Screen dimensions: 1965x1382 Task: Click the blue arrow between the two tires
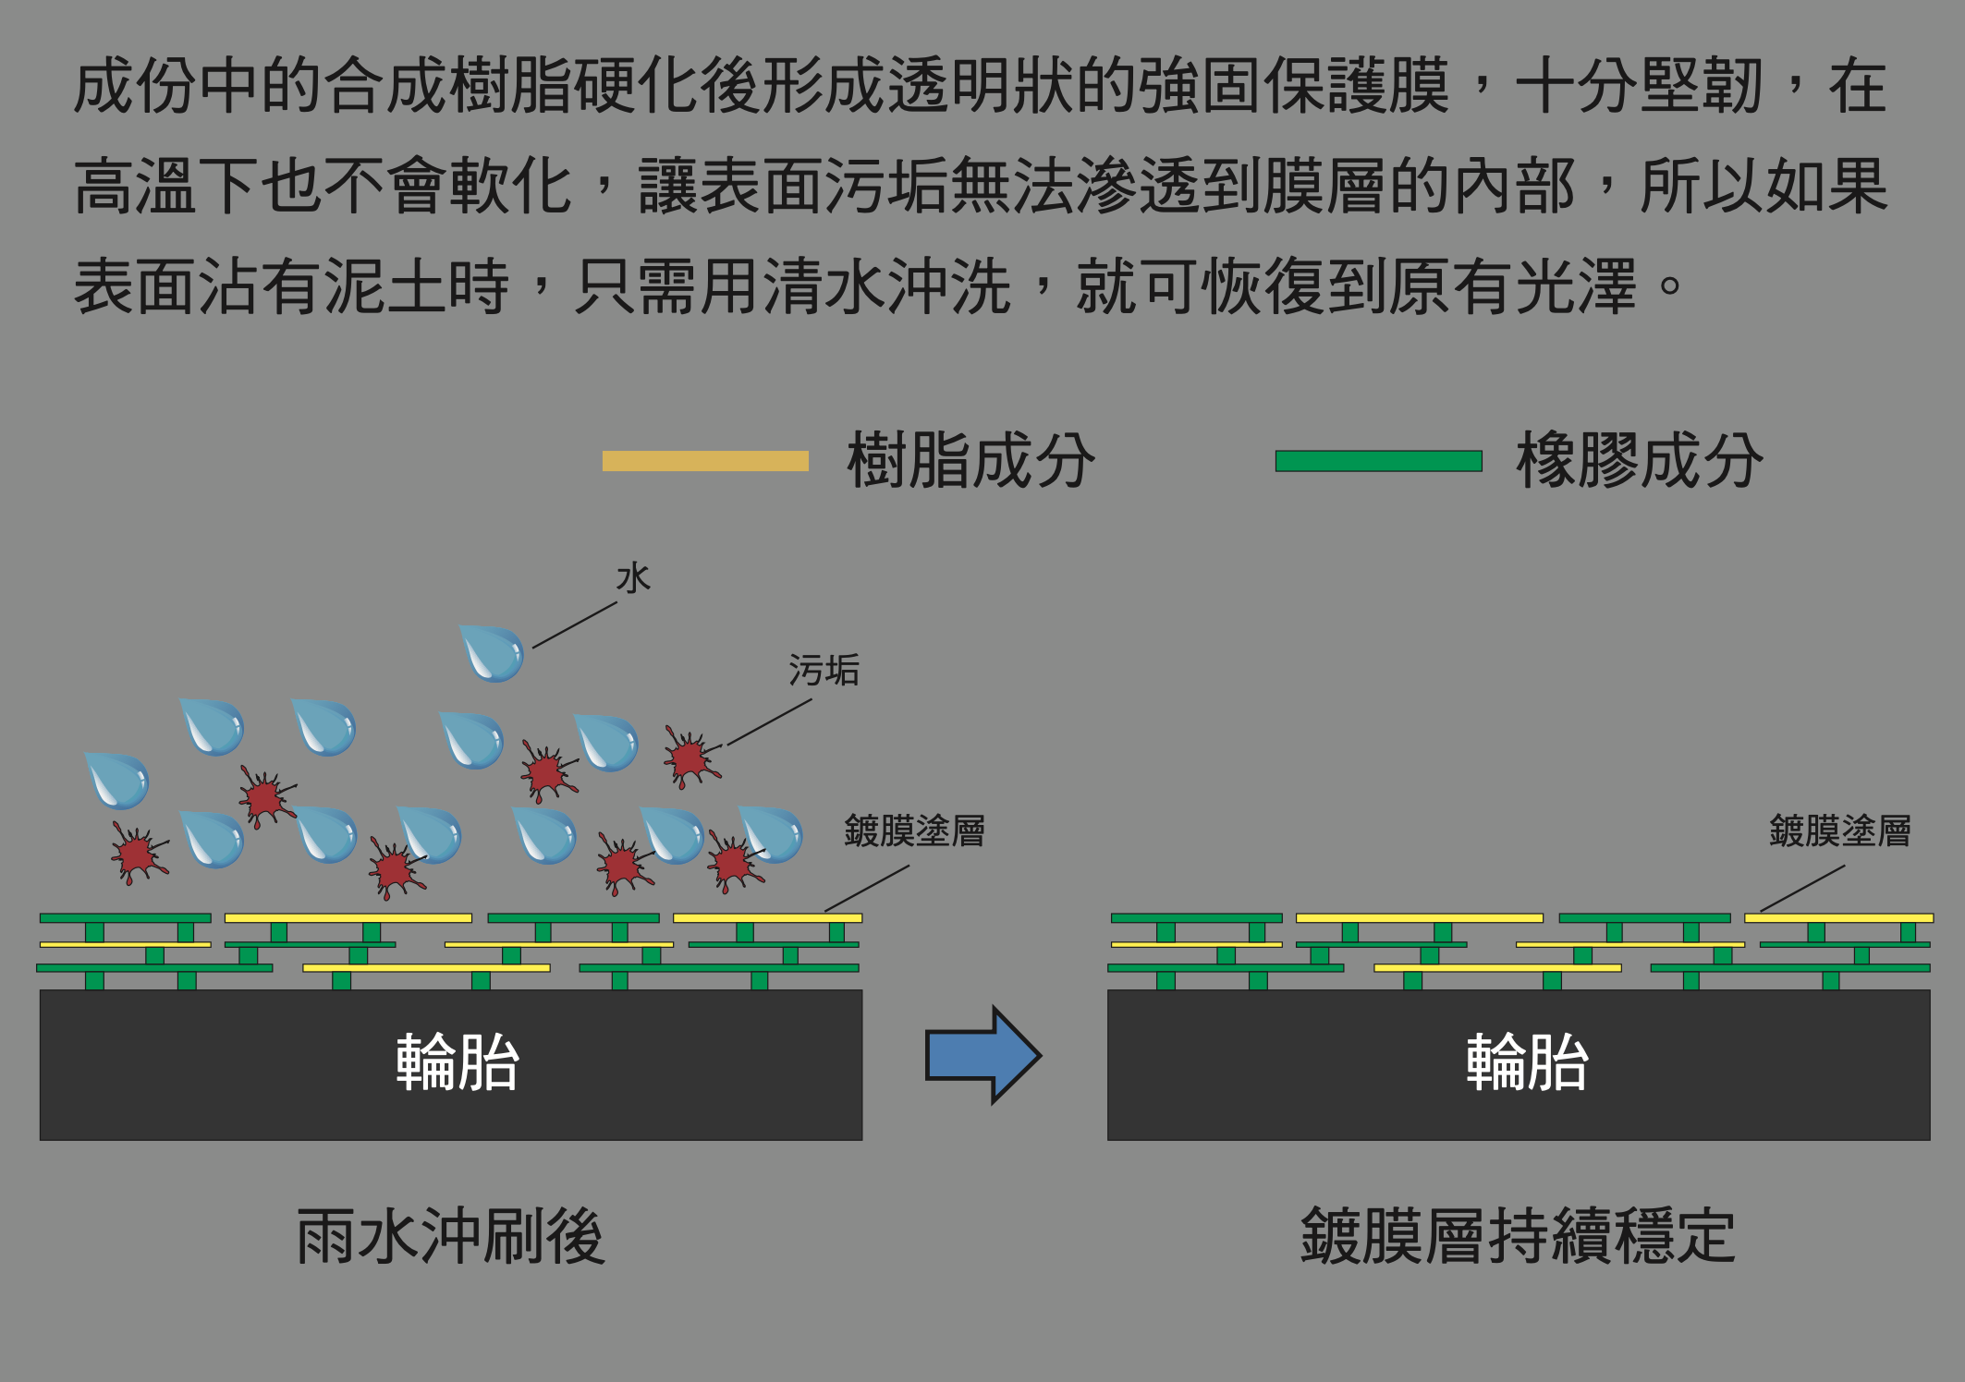point(983,1055)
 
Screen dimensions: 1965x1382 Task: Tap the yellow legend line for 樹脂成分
point(705,461)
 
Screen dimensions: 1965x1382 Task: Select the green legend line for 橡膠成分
point(1378,461)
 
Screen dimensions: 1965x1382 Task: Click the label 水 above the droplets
point(634,578)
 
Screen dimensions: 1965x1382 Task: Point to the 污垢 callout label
point(824,671)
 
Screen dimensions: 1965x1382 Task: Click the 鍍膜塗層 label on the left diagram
point(914,830)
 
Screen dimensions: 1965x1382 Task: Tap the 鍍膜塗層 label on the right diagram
point(1840,830)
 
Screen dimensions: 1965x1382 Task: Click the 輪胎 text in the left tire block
point(458,1062)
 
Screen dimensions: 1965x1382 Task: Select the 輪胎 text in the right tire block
point(1527,1062)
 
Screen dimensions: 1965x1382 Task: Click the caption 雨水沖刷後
point(450,1236)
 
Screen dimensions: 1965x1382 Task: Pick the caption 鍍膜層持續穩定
point(1518,1236)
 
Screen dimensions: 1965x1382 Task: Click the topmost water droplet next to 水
point(493,653)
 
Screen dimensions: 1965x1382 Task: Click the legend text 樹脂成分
point(970,461)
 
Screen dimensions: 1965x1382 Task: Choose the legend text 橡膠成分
point(1640,461)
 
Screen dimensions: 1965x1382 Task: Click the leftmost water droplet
point(118,781)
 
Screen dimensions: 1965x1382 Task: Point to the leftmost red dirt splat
point(139,853)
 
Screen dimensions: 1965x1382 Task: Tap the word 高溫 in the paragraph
point(135,186)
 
